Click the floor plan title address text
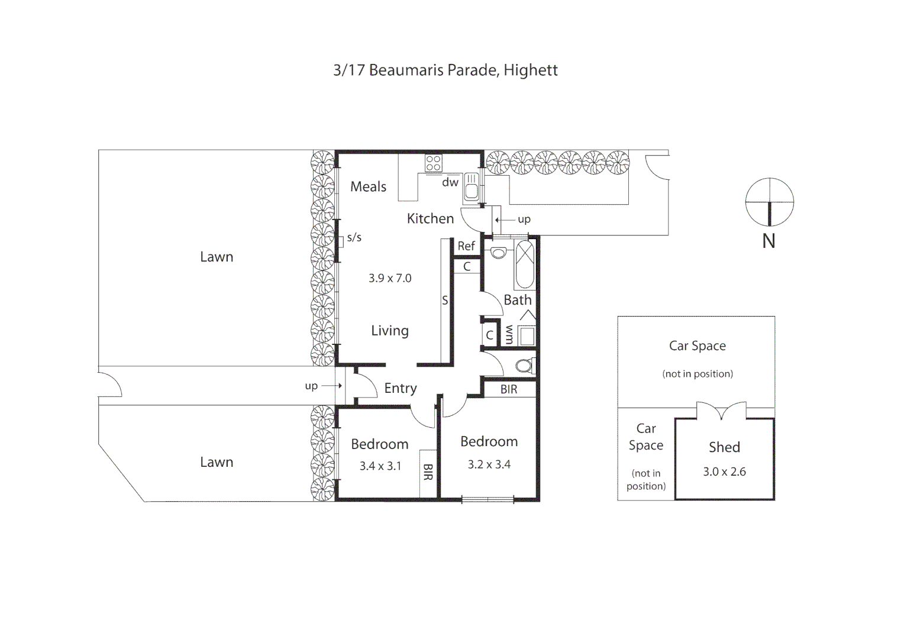coord(445,70)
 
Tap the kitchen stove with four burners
coord(433,163)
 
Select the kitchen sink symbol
coord(472,187)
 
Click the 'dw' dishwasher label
coord(450,182)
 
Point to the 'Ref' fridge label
coord(466,246)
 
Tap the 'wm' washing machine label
coord(509,334)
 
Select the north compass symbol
coord(769,202)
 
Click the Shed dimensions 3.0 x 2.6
coord(724,472)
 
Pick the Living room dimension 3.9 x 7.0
coord(390,278)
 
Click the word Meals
coord(368,187)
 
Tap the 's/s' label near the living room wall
coord(354,238)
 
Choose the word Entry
coord(401,388)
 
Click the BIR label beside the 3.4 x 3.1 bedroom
coord(428,472)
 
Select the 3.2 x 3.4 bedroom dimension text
coord(489,464)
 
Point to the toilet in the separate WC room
coord(524,365)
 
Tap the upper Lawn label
coord(217,257)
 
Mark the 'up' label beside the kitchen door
coord(524,220)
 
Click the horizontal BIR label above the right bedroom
coord(509,389)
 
